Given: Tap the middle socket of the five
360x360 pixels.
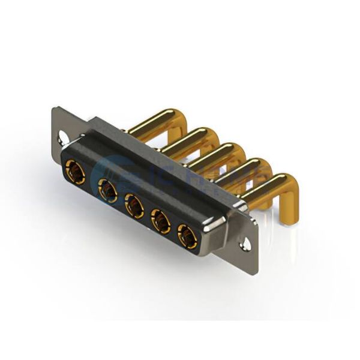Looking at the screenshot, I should (x=134, y=207).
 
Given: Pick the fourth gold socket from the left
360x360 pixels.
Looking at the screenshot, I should (x=160, y=222).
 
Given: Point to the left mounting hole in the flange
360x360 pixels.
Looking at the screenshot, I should (x=61, y=139).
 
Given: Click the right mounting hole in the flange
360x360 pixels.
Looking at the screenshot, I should (x=245, y=245).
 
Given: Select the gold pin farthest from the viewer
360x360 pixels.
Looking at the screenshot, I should (x=150, y=121).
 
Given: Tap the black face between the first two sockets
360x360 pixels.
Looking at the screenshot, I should (x=91, y=180).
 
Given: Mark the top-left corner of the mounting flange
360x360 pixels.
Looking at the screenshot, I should (x=55, y=109).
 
